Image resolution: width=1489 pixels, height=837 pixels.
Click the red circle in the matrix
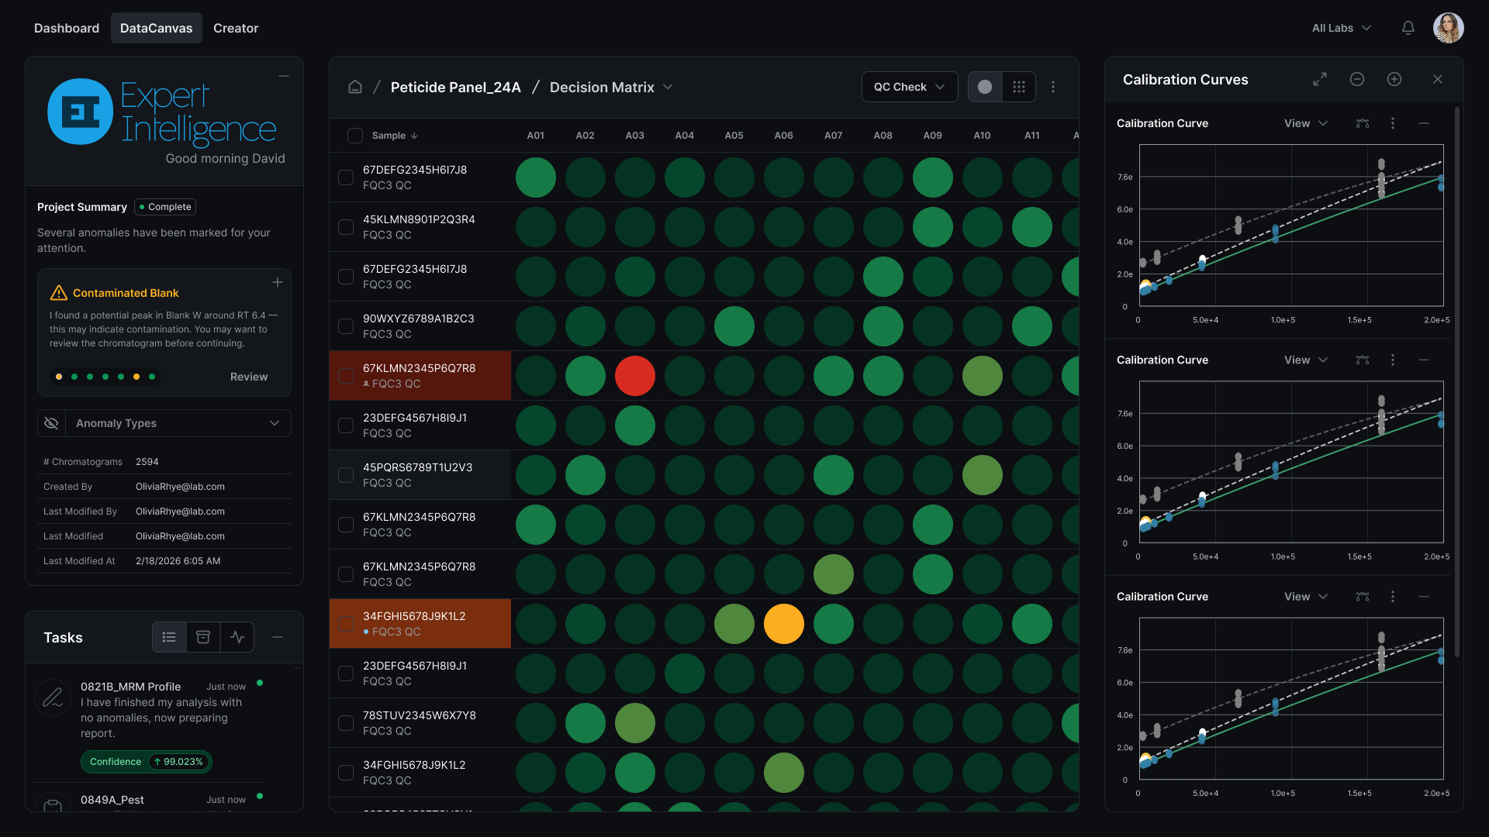pos(634,376)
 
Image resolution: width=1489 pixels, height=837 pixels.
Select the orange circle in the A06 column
pos(783,624)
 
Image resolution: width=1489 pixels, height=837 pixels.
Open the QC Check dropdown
pos(909,87)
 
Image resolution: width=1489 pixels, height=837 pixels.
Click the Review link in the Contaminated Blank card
pos(249,377)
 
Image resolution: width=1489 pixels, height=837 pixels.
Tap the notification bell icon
pos(1408,28)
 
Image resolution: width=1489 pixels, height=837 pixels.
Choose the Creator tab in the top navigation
pos(236,28)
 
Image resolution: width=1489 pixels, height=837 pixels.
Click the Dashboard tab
pos(67,28)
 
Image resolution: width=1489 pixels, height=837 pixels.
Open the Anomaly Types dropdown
pos(164,423)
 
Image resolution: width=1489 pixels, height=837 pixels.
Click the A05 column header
pos(734,136)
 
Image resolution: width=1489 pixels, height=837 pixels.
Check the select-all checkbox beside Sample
pos(355,136)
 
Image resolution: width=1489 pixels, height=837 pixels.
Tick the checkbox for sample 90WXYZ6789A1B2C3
pos(346,326)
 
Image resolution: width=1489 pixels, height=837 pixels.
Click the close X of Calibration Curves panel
pos(1438,79)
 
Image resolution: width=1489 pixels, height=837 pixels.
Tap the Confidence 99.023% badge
pos(147,762)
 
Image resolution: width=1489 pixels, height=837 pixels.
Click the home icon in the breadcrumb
pos(355,87)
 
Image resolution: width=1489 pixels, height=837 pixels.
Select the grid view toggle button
pos(1019,87)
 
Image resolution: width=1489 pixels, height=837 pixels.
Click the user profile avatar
pos(1448,28)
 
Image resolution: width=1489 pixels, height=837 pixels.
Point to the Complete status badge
pos(165,207)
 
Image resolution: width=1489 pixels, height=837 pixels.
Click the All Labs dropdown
pos(1342,28)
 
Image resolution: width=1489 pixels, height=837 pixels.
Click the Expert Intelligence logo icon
pos(81,112)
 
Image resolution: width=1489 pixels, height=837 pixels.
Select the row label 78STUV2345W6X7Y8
pos(420,715)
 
